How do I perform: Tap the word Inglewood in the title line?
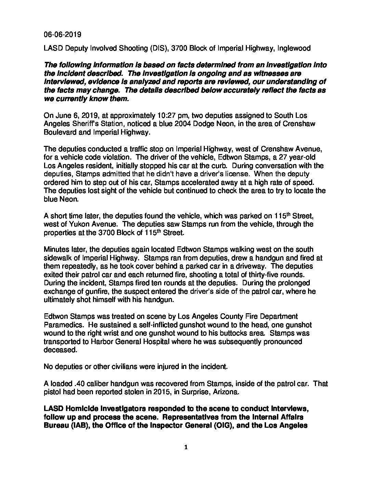(x=294, y=48)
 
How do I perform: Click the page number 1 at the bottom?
(x=186, y=448)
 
